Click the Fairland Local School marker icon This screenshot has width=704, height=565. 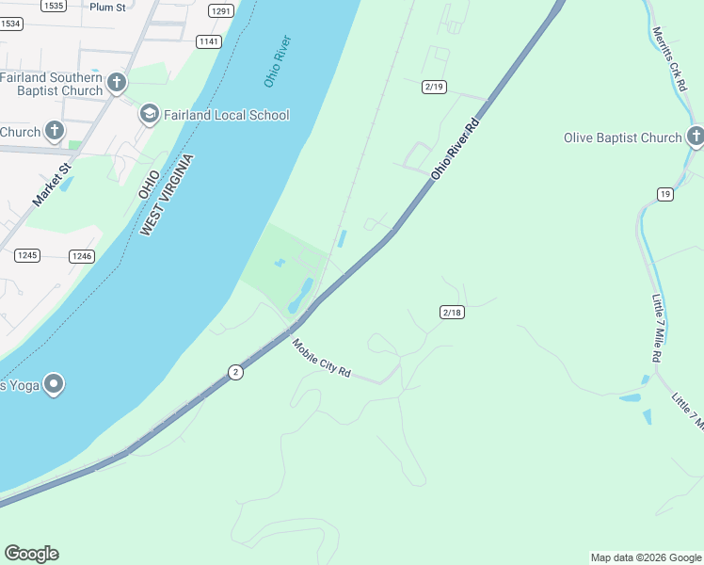coord(149,115)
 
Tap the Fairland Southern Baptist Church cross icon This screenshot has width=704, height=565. coord(117,83)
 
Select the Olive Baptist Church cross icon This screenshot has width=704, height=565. coord(695,137)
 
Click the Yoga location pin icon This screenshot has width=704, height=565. coord(54,384)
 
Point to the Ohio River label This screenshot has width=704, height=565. coord(278,62)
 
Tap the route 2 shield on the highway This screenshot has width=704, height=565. coord(235,373)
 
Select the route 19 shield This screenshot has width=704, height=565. coord(665,194)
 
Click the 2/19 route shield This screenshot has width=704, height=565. coord(434,87)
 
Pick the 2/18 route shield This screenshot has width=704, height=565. coord(452,312)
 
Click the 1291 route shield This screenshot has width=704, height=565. coord(221,11)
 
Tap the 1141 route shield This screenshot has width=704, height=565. coord(209,41)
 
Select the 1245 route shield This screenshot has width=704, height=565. coord(26,255)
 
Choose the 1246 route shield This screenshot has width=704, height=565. coord(82,256)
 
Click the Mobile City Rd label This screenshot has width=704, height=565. coord(321,359)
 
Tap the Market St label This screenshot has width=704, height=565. coord(52,186)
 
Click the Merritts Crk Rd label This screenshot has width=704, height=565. coord(669,58)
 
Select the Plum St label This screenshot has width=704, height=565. coord(106,7)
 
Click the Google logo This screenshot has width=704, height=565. coord(31,554)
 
